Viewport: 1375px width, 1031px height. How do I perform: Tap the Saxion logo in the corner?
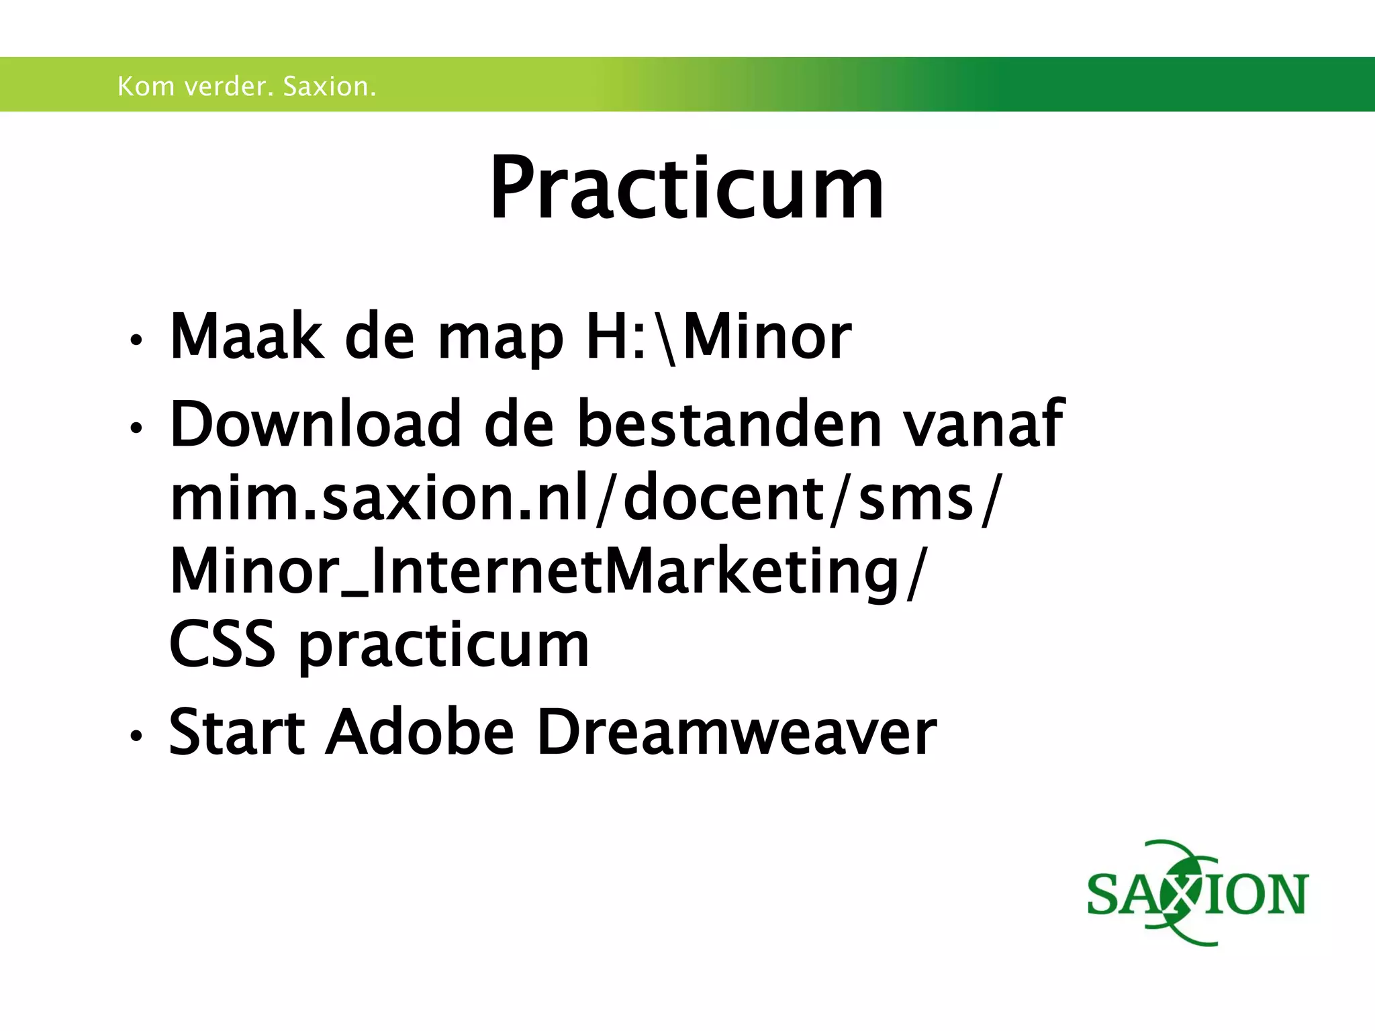click(1197, 893)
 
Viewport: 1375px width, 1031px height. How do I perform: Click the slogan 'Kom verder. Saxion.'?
click(246, 87)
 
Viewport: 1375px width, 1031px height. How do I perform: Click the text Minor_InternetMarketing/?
click(548, 571)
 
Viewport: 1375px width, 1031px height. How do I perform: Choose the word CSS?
click(222, 644)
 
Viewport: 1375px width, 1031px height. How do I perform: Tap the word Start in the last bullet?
click(237, 732)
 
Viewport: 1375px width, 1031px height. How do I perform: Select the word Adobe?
click(420, 732)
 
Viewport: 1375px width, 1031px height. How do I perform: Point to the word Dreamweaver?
click(737, 732)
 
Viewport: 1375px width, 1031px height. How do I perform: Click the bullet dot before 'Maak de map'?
click(136, 340)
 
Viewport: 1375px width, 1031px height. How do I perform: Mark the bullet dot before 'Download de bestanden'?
click(136, 428)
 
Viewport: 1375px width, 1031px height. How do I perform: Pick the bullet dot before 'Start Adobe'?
click(136, 736)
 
